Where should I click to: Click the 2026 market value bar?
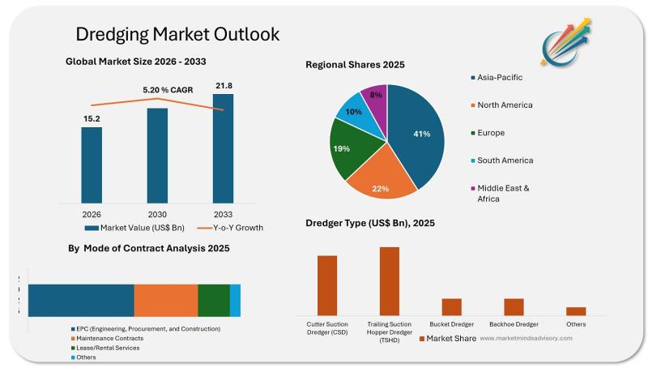click(92, 165)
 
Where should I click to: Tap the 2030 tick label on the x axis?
click(157, 214)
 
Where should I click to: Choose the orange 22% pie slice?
click(381, 180)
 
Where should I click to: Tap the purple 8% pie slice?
click(375, 96)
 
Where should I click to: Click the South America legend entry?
click(505, 160)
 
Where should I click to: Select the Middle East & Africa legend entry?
click(503, 193)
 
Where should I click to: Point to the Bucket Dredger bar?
click(451, 306)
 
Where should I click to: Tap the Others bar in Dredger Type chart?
click(576, 310)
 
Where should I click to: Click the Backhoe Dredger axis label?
click(514, 324)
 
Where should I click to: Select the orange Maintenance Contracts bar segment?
click(165, 300)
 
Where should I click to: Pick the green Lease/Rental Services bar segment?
click(214, 300)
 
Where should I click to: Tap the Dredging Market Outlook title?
click(177, 34)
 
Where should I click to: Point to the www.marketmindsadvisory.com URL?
click(526, 338)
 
